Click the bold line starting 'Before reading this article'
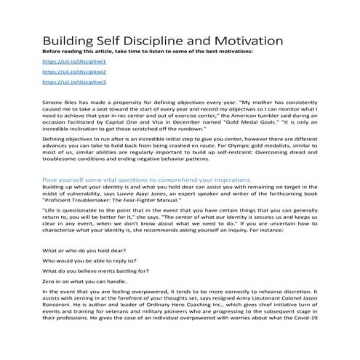pos(146,52)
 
